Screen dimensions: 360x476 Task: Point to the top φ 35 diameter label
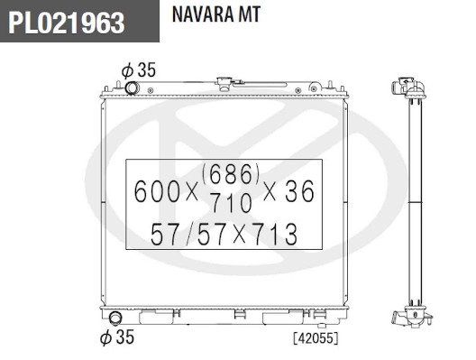[x=138, y=69]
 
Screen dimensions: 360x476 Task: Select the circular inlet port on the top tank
[x=133, y=88]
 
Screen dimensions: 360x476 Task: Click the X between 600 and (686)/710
[x=190, y=191]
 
